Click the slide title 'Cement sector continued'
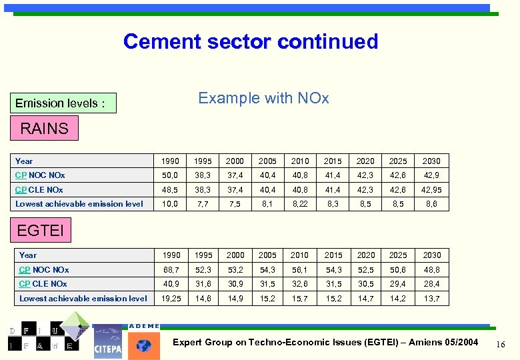click(251, 41)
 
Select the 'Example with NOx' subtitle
click(263, 99)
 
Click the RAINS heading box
click(44, 129)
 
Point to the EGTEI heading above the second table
click(41, 231)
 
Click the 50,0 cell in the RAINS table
click(170, 175)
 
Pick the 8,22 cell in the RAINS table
click(300, 204)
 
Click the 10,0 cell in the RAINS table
click(170, 204)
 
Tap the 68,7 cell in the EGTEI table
click(170, 270)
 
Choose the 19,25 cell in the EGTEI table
click(170, 299)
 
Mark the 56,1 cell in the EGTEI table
click(300, 270)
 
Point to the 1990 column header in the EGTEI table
click(170, 255)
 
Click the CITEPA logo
click(107, 342)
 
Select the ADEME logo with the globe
click(144, 341)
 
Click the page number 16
click(501, 343)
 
